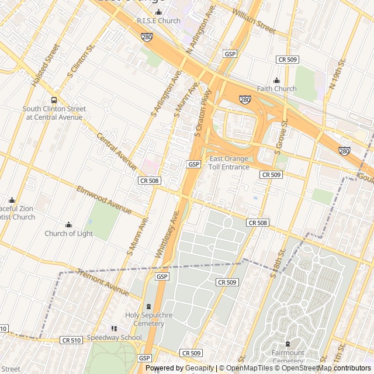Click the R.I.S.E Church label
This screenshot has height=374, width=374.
158,21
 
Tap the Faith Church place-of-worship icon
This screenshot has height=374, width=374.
277,81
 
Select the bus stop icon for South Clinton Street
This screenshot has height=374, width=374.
54,100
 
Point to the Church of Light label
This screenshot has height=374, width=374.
68,234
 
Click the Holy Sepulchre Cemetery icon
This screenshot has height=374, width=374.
148,306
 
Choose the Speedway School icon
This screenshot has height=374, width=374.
114,329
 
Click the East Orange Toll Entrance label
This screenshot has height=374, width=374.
229,163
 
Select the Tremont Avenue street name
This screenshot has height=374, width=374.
103,282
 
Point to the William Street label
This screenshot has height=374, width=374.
253,19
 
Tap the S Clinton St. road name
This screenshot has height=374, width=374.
81,64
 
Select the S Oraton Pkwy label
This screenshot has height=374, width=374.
202,113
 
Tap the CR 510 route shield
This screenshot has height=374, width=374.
71,340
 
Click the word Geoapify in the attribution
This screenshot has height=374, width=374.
199,368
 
